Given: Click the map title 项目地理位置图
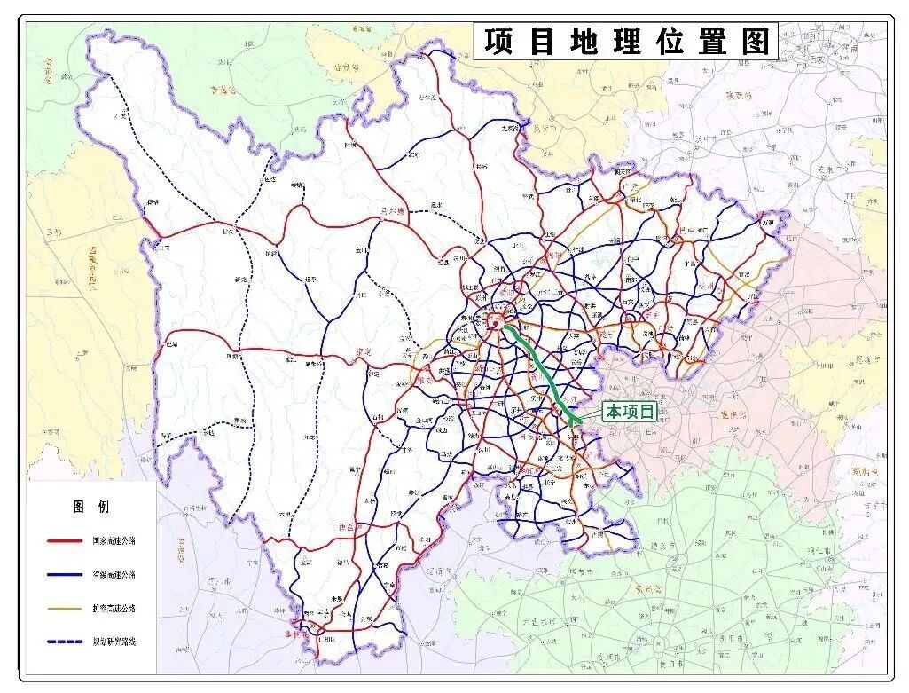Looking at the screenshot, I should pos(625,42).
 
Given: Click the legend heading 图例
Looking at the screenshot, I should pos(91,507).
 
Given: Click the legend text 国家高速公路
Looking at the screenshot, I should pos(114,540).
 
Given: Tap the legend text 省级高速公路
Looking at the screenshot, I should pos(114,574).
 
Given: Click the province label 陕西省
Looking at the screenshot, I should pos(738,95).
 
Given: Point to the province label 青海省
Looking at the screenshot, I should pos(224,90).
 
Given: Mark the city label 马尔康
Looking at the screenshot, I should pos(391,212).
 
